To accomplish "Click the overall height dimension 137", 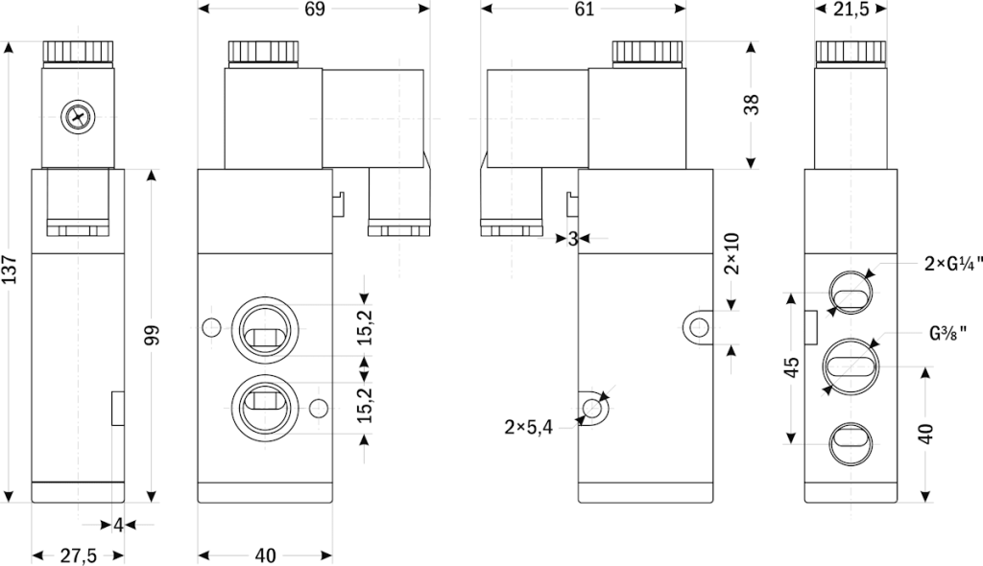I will pos(11,271).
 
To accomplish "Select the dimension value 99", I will pos(152,335).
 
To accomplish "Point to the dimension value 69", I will pos(313,10).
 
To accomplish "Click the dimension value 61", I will pos(584,10).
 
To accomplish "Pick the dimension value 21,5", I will pos(851,10).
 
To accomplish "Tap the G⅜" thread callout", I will pos(947,334).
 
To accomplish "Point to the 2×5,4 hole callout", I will pos(528,427).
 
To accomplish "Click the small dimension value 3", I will pos(572,238).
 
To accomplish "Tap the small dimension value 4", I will pos(117,525).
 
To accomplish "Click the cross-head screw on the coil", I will pos(76,118).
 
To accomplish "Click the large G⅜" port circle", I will pos(851,366).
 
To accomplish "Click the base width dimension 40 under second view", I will pos(266,555).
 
